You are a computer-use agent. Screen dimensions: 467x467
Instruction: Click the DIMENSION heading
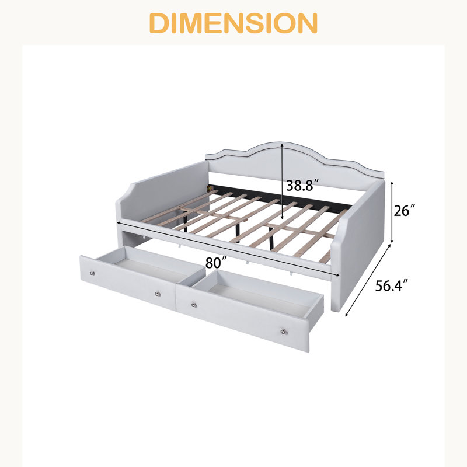(233, 23)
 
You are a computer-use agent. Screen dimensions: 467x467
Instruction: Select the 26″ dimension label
(404, 211)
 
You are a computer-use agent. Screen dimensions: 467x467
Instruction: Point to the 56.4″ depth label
(391, 285)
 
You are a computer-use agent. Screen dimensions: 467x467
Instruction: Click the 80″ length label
(217, 262)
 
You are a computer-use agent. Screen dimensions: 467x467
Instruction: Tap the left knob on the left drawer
(92, 273)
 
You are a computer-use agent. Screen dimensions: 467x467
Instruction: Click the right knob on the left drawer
(158, 294)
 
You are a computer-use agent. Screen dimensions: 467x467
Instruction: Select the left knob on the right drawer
(194, 305)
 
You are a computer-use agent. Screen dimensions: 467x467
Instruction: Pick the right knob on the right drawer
(284, 331)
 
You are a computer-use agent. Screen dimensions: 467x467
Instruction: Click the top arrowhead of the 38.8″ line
(282, 144)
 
